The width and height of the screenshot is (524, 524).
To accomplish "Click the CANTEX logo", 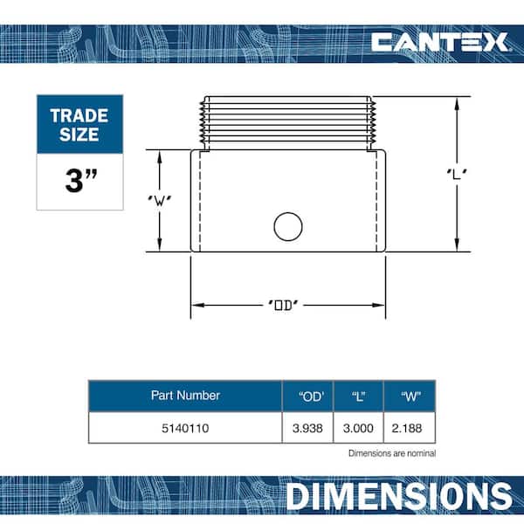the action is coord(440,42).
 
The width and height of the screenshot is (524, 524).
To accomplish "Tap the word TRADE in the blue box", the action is coord(79,116).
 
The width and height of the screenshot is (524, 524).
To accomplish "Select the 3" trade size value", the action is coord(81,181).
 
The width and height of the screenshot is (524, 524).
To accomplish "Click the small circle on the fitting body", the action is coord(288,226).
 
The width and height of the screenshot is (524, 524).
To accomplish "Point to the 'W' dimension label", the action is coord(160,200).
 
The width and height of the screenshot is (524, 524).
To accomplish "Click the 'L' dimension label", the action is coord(457,174).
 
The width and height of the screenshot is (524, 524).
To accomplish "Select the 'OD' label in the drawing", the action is coord(283,305).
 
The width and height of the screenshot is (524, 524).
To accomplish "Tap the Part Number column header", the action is coord(185,396).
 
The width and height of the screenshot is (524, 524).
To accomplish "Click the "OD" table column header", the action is coord(311,396).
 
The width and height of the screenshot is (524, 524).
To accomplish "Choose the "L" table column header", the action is coord(359,396).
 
